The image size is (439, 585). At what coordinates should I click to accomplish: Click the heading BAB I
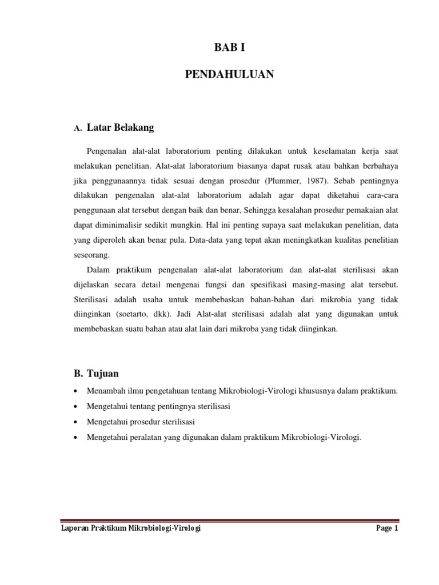click(229, 48)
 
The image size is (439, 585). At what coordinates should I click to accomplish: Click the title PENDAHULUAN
click(230, 74)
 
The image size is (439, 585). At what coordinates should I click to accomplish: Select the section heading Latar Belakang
click(121, 128)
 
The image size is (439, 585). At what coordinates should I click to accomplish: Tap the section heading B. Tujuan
click(96, 374)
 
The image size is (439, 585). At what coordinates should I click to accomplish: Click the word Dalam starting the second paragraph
click(98, 270)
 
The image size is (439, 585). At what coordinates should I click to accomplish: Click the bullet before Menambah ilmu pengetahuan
click(77, 391)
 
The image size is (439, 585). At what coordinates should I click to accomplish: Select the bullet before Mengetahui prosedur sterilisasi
click(77, 422)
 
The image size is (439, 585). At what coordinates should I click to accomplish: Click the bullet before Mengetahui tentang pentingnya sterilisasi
click(77, 407)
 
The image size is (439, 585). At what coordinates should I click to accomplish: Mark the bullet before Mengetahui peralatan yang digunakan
click(77, 438)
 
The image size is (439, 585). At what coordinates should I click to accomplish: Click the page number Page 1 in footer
click(387, 529)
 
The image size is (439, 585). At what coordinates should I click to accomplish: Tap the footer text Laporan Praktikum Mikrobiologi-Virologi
click(131, 529)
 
